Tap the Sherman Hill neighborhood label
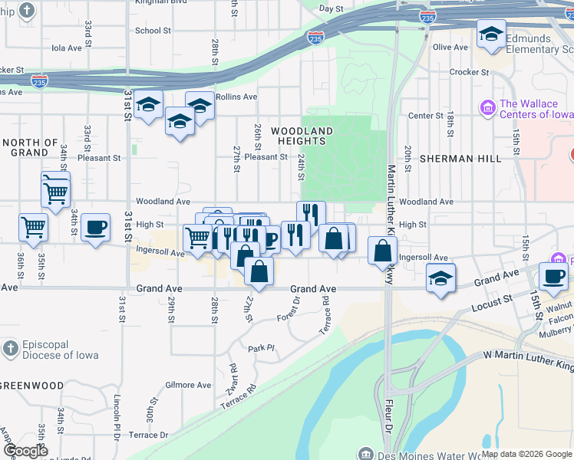tap(460, 159)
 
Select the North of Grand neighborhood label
tap(30, 147)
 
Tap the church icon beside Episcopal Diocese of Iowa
tap(9, 349)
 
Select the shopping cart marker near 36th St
tap(33, 226)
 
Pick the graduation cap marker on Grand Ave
tap(440, 278)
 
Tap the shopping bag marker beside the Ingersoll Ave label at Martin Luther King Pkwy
tap(382, 250)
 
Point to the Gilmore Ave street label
tap(187, 385)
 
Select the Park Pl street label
tap(261, 348)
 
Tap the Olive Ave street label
tap(450, 48)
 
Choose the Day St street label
tap(331, 9)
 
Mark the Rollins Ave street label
tap(236, 97)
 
